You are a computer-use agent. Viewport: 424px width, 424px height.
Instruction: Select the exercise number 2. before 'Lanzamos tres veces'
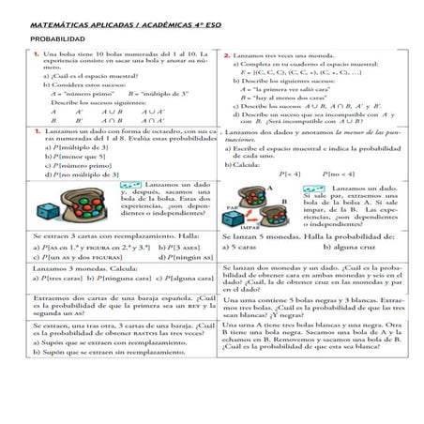click(x=228, y=55)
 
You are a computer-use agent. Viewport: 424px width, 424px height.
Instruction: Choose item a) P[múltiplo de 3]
click(x=71, y=148)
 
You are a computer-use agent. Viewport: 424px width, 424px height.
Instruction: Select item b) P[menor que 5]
click(x=68, y=157)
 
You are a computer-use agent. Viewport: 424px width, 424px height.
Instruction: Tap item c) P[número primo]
click(x=71, y=165)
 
